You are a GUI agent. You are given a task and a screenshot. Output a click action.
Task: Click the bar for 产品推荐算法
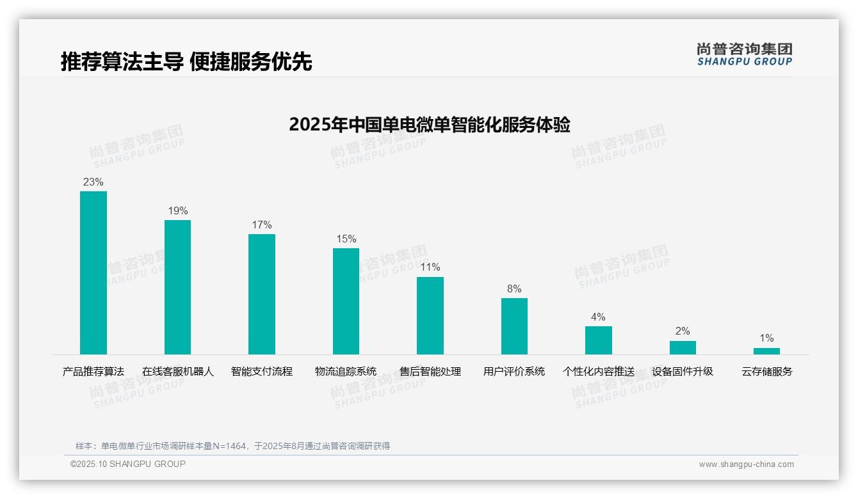click(93, 273)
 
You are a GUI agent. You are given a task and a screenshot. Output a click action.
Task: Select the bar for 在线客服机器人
click(177, 287)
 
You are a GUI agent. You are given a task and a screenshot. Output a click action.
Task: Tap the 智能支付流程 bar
click(262, 294)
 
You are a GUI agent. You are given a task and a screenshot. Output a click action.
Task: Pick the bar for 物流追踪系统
click(346, 301)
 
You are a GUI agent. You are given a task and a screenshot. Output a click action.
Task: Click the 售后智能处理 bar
click(430, 315)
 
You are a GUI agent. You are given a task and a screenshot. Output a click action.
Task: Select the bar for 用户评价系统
click(514, 326)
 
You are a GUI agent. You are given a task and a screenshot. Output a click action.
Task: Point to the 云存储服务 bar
click(766, 351)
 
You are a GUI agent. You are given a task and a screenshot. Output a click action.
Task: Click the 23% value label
click(93, 182)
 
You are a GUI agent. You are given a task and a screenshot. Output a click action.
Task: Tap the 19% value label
click(177, 211)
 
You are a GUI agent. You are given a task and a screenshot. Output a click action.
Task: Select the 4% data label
click(598, 317)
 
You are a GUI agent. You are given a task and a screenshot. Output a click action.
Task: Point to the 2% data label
click(683, 331)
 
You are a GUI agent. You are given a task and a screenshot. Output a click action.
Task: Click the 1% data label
click(766, 338)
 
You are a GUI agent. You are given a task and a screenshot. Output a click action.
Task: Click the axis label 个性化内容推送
click(598, 372)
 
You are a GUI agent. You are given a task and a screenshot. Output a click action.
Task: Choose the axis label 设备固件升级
click(683, 372)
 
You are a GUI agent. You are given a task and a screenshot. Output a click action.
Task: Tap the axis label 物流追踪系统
click(346, 372)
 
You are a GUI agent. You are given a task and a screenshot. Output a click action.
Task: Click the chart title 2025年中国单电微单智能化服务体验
click(429, 125)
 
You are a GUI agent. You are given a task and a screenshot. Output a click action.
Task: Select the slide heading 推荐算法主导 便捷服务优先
click(186, 62)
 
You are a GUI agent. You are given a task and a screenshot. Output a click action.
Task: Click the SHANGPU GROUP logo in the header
click(744, 54)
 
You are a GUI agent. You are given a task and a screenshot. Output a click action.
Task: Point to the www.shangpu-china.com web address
click(746, 464)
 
